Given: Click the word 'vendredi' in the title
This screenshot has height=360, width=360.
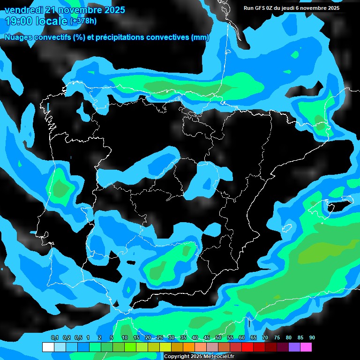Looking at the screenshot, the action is click(x=23, y=10).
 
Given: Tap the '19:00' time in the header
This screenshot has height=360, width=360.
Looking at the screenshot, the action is click(x=19, y=21).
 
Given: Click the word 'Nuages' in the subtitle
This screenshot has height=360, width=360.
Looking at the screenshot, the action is click(x=19, y=37).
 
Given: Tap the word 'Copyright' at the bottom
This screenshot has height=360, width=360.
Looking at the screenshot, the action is click(x=177, y=357).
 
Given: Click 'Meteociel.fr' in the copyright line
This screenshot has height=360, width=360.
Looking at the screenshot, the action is click(x=218, y=357).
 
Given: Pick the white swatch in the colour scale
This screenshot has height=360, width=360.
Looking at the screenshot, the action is click(x=48, y=347).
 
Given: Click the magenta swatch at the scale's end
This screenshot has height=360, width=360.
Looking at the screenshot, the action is click(x=306, y=347).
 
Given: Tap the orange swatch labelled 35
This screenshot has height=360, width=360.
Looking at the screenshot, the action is click(x=189, y=347).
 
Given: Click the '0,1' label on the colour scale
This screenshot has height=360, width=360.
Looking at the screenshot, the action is click(x=55, y=338).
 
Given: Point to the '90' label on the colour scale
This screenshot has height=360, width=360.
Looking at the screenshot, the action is click(x=312, y=338).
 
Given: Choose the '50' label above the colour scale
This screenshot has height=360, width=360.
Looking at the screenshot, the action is click(x=218, y=338).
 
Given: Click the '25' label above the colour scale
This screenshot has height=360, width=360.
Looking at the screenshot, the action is click(x=160, y=338).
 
